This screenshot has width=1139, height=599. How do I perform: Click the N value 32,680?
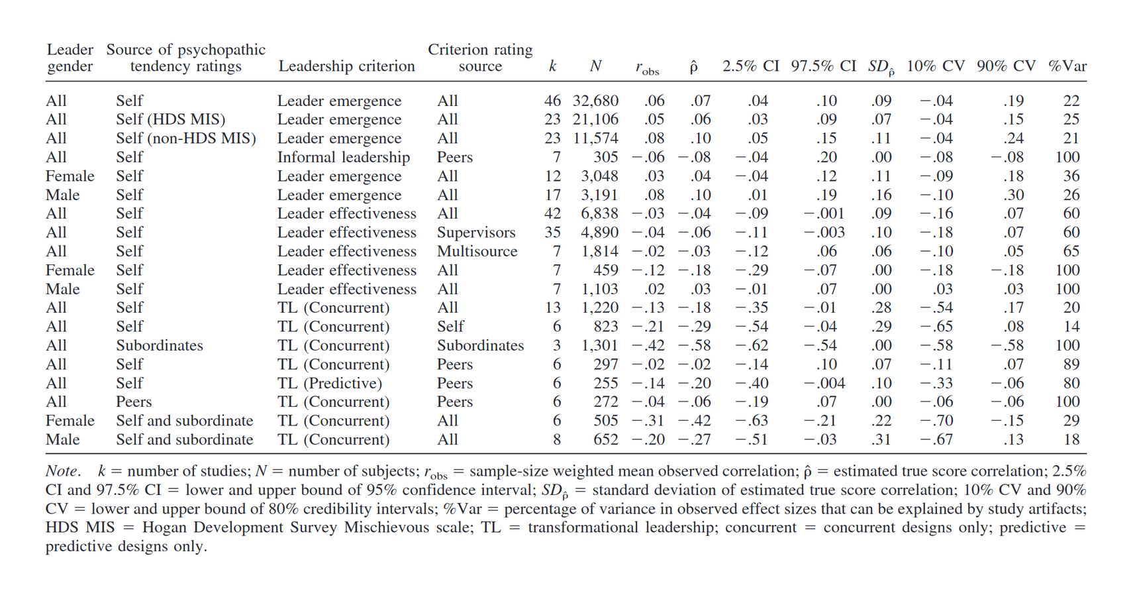coord(595,101)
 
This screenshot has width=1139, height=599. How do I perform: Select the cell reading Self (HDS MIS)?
coord(170,119)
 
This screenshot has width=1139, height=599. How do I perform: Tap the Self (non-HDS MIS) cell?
coord(185,138)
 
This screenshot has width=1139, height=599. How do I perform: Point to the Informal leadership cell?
coord(343,157)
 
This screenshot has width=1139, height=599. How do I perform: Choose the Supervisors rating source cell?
coord(475,233)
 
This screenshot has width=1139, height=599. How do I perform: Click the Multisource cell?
coord(477,251)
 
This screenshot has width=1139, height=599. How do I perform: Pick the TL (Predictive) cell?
coord(329,383)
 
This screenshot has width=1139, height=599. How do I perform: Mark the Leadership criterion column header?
coord(346,66)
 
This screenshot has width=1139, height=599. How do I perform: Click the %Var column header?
coord(1067,66)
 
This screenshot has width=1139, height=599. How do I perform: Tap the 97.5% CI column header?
coord(823,66)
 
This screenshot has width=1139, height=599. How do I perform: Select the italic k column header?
coord(552,66)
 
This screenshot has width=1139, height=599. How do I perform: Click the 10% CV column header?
coord(935,66)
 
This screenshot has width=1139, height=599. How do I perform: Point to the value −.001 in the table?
coord(824,213)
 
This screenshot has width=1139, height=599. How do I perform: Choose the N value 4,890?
coord(599,233)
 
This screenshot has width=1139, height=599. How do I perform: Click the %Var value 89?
coord(1071,364)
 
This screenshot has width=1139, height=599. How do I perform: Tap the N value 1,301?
coord(599,345)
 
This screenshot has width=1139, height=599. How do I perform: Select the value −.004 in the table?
coord(824,383)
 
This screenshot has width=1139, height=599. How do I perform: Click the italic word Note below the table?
coord(62,471)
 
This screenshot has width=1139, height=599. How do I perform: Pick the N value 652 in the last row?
coord(605,439)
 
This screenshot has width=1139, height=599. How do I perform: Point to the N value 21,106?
coord(595,119)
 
